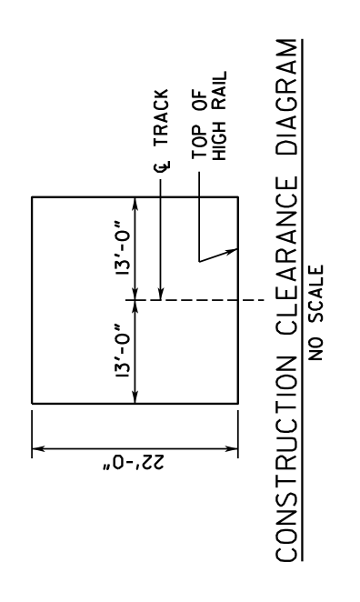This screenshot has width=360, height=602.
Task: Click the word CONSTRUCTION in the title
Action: pyautogui.click(x=286, y=459)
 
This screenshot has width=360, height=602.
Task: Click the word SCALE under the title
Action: pyautogui.click(x=315, y=295)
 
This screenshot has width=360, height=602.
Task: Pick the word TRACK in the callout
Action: pyautogui.click(x=161, y=117)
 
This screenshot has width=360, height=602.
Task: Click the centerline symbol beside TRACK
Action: pyautogui.click(x=162, y=166)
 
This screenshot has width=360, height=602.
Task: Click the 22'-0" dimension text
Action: pyautogui.click(x=134, y=461)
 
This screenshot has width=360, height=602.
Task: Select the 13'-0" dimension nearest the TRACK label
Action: pyautogui.click(x=124, y=247)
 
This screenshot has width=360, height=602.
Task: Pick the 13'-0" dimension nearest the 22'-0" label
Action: pyautogui.click(x=124, y=350)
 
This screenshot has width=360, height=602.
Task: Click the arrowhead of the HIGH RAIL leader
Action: pyautogui.click(x=232, y=251)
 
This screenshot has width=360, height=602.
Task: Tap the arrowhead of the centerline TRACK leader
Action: pyautogui.click(x=161, y=294)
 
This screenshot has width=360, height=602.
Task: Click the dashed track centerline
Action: pyautogui.click(x=194, y=300)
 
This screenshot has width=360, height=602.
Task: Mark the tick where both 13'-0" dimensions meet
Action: pyautogui.click(x=135, y=300)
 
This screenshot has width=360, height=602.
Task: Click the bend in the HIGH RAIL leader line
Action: pyautogui.click(x=199, y=262)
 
